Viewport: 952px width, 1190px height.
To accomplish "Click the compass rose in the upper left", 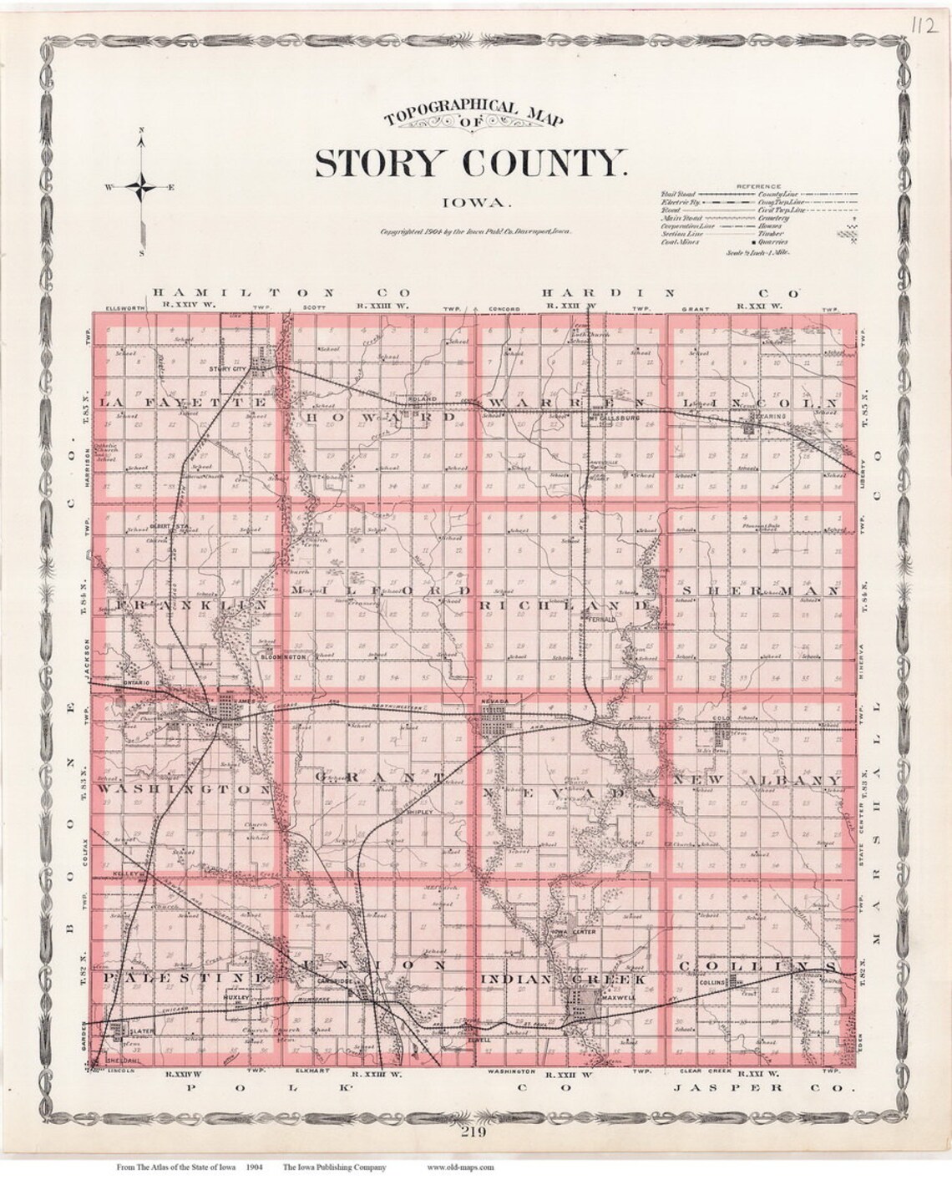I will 143,187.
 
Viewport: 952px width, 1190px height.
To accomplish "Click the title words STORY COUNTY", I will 469,163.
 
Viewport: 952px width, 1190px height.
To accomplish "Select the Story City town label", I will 231,367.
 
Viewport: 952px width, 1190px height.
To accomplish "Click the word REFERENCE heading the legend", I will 758,185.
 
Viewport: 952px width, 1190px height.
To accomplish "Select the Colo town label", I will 722,718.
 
